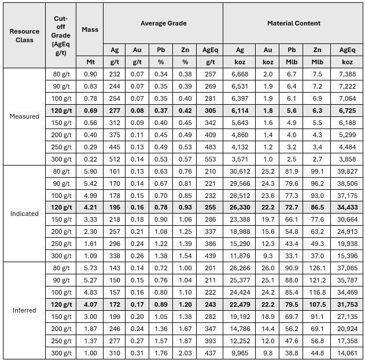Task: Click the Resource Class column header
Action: point(24,35)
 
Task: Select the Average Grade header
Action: point(163,23)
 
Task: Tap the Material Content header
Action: point(293,23)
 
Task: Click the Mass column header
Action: point(90,30)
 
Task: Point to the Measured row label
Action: point(24,116)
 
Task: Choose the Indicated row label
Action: point(24,214)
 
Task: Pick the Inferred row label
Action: point(24,310)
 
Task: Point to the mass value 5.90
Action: point(90,171)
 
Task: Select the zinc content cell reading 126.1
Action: point(317,268)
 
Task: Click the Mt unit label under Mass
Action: point(90,61)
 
